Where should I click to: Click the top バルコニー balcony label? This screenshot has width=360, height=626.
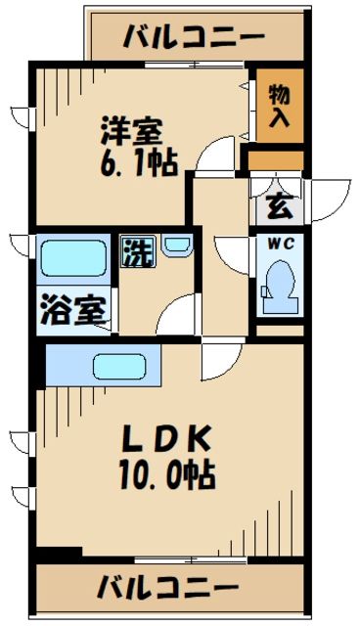(x=195, y=37)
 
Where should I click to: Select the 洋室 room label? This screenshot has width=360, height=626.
(x=128, y=130)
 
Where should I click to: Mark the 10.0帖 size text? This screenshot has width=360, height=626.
(x=168, y=477)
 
